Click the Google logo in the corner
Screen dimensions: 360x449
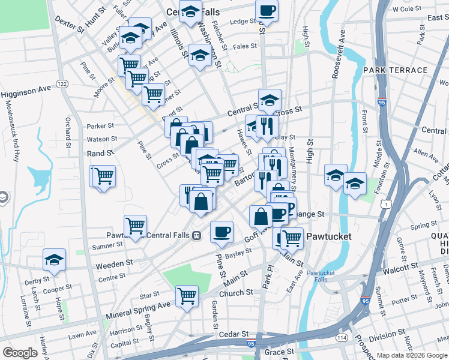20,353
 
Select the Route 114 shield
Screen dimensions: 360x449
342,338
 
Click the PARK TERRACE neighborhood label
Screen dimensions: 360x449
395,70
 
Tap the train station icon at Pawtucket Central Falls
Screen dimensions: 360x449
196,235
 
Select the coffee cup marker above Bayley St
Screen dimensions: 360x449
221,231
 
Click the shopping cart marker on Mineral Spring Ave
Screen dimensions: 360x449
187,296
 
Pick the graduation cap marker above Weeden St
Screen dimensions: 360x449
54,260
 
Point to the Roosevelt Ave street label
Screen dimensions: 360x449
339,54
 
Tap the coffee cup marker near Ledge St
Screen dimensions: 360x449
267,10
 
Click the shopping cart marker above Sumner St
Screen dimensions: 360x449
136,225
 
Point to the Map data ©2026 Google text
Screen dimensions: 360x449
412,355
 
